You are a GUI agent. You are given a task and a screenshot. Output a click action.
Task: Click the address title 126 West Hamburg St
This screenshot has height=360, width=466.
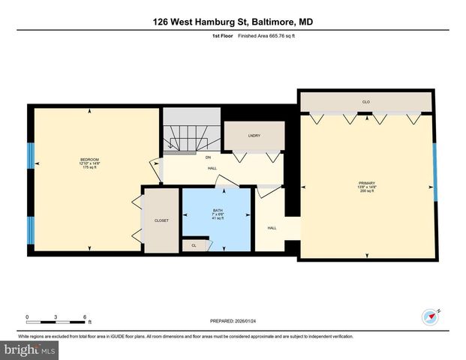coord(233,22)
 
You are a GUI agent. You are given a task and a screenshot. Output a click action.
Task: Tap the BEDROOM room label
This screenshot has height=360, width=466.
coord(90,159)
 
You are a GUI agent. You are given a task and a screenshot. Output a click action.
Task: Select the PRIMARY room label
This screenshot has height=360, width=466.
coord(366,184)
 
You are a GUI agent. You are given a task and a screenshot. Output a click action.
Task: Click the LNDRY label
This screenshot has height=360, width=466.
coord(254,135)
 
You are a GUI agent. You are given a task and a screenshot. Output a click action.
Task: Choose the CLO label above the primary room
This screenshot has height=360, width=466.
coord(366,101)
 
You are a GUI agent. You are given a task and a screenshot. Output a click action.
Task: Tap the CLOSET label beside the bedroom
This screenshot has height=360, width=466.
coord(161,220)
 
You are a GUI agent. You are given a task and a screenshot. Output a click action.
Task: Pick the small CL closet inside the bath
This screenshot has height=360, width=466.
coord(194,245)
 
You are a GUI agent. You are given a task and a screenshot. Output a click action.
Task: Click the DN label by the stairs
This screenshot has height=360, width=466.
coord(208,157)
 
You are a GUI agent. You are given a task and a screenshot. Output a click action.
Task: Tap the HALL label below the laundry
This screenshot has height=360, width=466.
coord(212,168)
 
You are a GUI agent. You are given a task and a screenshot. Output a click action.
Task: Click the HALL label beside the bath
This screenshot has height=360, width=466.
coord(272,228)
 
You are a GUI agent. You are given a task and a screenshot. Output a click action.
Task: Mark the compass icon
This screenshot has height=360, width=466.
coord(431,317)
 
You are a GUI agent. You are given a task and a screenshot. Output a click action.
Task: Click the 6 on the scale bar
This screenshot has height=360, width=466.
coord(86,317)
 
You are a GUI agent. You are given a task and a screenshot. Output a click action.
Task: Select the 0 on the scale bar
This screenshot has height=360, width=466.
coord(28,317)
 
